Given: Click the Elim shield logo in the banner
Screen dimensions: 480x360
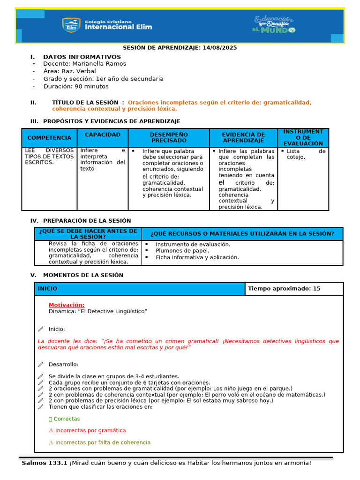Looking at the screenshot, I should pos(71,25).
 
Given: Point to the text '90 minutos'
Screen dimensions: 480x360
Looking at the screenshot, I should pos(92,86).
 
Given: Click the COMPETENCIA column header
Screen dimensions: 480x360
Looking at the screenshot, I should pos(49,138).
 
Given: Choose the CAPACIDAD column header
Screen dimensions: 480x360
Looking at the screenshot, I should pos(103,135).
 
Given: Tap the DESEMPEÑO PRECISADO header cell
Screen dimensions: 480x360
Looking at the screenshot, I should pos(168,137).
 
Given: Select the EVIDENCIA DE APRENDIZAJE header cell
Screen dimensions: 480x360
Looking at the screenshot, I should pos(243,137).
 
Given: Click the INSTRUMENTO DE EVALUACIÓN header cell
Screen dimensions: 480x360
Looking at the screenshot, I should pos(303,137).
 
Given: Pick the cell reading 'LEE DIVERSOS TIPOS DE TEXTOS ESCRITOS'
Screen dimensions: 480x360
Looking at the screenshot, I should pos(49,157).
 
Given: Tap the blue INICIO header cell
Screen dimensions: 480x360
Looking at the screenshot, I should pos(140,289).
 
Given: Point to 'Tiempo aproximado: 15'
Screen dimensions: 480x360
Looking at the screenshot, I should pos(284,289).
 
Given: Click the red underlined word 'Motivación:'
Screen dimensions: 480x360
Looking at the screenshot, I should pos(67,305).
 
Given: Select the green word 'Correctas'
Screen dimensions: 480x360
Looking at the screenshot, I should pos(67,419).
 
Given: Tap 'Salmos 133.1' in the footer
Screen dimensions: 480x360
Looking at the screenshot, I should pos(45,463).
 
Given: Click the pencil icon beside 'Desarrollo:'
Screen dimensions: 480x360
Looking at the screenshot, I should pos(41,365).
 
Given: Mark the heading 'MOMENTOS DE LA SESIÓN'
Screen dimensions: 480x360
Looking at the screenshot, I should pos(83,275).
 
